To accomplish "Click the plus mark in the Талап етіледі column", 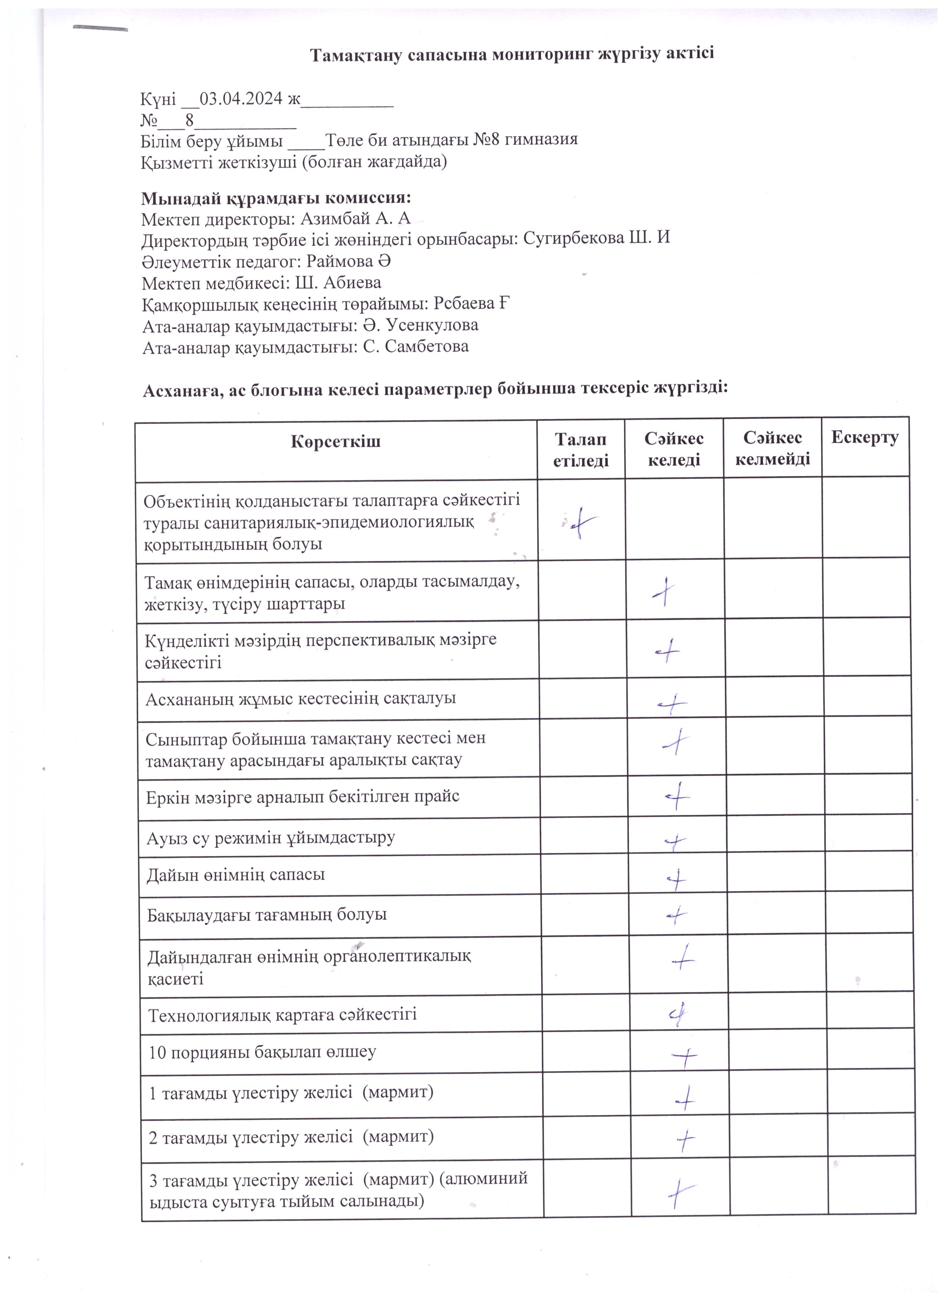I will (x=580, y=522).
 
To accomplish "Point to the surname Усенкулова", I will (x=432, y=325).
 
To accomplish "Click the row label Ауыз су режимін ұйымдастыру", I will (x=270, y=838).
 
